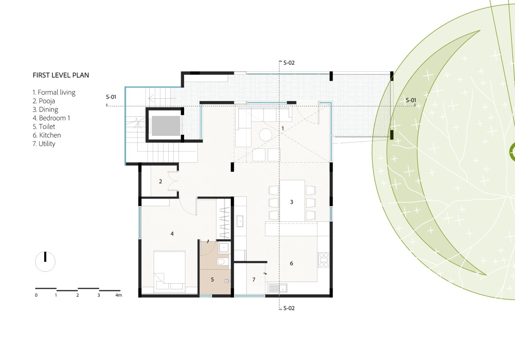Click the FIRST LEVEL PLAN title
click(61, 75)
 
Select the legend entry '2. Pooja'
click(44, 101)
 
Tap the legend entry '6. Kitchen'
click(47, 135)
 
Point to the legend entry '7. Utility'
click(44, 144)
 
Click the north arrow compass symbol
click(45, 261)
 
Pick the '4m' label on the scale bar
click(118, 295)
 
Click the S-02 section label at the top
click(289, 63)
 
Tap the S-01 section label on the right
click(411, 100)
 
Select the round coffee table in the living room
click(266, 134)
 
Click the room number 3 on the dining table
click(291, 202)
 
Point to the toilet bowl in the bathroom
click(223, 261)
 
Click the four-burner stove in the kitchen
click(324, 260)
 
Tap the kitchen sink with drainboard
click(278, 288)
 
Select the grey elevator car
click(166, 126)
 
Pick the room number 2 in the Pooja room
click(161, 182)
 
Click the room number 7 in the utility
click(254, 279)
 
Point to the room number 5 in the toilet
click(212, 279)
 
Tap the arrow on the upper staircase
click(162, 99)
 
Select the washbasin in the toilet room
click(224, 248)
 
